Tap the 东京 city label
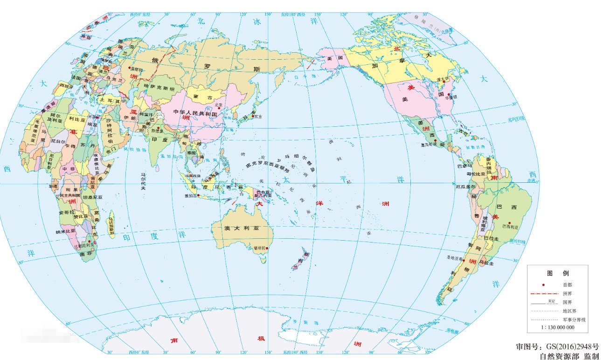point(257,117)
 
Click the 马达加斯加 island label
point(111,227)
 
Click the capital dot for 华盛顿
point(449,95)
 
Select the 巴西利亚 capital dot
point(509,223)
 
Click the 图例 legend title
point(558,273)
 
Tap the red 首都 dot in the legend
point(544,284)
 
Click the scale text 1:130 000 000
point(557,328)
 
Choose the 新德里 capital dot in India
point(159,128)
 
